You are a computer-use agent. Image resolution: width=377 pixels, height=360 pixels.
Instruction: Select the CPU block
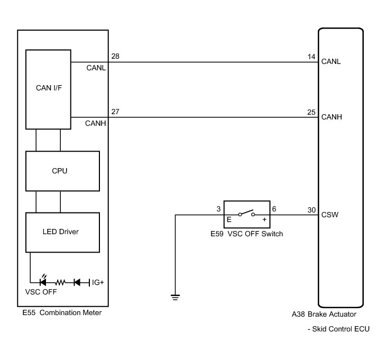63,171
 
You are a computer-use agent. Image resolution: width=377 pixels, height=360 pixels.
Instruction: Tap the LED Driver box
63,232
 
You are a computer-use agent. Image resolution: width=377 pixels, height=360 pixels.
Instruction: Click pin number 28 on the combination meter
115,56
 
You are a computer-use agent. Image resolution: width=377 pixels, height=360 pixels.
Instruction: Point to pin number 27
115,112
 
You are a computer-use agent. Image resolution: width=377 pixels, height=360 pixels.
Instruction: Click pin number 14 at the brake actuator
311,56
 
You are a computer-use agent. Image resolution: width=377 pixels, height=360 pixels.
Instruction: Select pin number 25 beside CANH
311,112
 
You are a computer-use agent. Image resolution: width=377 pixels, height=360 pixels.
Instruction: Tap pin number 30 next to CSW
311,209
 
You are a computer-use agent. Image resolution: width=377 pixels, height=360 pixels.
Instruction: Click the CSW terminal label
330,215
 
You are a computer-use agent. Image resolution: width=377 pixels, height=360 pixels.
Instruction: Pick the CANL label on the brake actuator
331,61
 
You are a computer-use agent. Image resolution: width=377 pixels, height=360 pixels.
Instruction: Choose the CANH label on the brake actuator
331,117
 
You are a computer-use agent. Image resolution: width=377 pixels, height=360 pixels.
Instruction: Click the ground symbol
175,297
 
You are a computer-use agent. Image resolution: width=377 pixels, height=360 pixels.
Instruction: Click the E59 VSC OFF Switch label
247,234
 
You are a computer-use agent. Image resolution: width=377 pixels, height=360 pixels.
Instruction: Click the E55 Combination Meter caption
62,312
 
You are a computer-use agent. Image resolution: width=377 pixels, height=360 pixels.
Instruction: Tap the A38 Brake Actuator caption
327,313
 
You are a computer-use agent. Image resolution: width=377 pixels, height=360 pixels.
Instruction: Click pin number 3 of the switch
218,209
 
